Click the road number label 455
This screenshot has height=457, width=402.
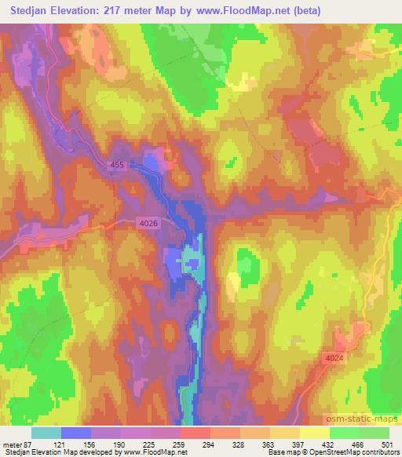(x=117, y=164)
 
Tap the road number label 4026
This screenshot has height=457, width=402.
(x=148, y=224)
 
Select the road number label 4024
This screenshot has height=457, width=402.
(x=334, y=358)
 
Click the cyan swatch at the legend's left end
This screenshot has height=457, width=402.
(x=46, y=433)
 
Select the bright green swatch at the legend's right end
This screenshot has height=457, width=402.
(x=374, y=433)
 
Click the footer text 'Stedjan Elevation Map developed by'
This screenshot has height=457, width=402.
(x=55, y=452)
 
